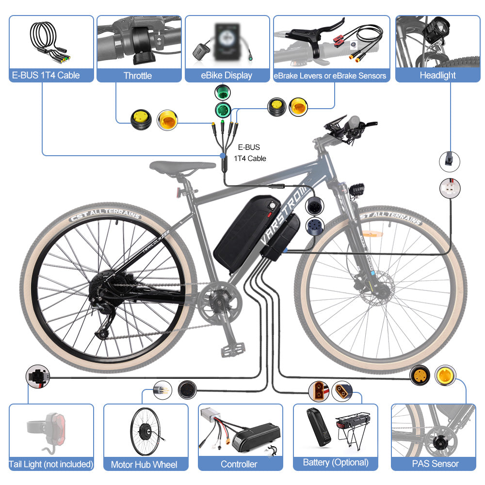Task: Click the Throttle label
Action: point(138,76)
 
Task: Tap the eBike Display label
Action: point(226,76)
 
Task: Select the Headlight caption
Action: point(437,75)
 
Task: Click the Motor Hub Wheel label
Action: point(144,464)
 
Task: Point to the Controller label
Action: point(239,464)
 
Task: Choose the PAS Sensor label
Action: point(435,464)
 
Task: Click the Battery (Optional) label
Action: point(336,462)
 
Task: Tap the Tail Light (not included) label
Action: point(51,464)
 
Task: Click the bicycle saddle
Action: point(182,167)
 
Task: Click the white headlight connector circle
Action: point(450,188)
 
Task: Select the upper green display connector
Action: point(223,92)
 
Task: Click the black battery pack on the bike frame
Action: point(246,234)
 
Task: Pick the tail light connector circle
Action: point(38,376)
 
